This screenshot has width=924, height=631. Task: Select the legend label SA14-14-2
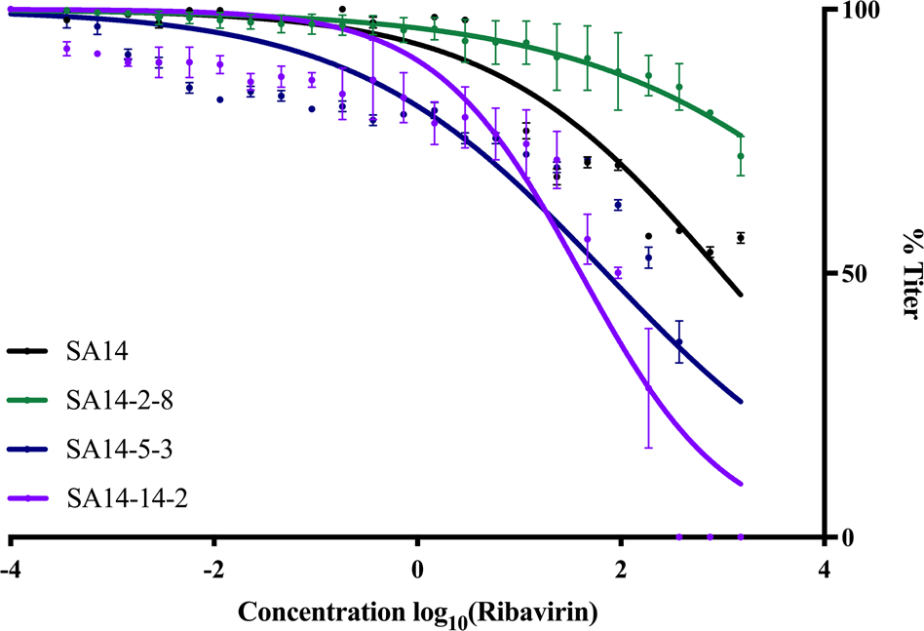pyautogui.click(x=127, y=498)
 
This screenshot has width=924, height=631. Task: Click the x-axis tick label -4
pyautogui.click(x=11, y=569)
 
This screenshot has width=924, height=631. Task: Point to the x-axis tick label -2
pyautogui.click(x=212, y=569)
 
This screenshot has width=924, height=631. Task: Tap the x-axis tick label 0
pyautogui.click(x=417, y=569)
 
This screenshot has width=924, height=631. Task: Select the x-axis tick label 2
pyautogui.click(x=620, y=569)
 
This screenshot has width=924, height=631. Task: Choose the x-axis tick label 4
pyautogui.click(x=824, y=569)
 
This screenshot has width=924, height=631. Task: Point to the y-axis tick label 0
pyautogui.click(x=848, y=537)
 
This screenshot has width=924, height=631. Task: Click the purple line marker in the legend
pyautogui.click(x=28, y=498)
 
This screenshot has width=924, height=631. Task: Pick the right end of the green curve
pyautogui.click(x=742, y=136)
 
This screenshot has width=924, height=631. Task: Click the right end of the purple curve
pyautogui.click(x=742, y=484)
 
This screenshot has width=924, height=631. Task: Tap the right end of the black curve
pyautogui.click(x=742, y=296)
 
